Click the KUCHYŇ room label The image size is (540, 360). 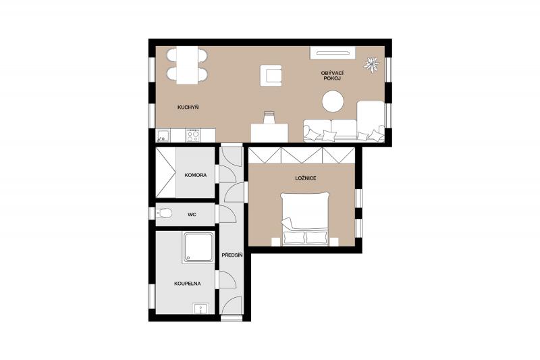[x=188, y=107]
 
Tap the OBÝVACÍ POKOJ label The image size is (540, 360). [x=332, y=76]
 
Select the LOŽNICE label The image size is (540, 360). [x=306, y=178]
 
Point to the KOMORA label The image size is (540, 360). [x=196, y=176]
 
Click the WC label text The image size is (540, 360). [x=192, y=215]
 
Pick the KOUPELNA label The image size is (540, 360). [x=188, y=284]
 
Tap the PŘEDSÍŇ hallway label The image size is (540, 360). [x=232, y=255]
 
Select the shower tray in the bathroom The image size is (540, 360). [x=198, y=247]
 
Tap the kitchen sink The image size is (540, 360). [x=163, y=135]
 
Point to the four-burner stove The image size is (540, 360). [x=193, y=135]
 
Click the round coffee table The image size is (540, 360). [x=333, y=101]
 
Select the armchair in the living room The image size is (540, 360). [x=271, y=76]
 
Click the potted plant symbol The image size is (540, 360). [x=372, y=64]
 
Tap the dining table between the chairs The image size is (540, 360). [x=188, y=65]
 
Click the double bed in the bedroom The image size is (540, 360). [x=305, y=220]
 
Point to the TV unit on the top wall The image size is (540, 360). [x=333, y=53]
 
